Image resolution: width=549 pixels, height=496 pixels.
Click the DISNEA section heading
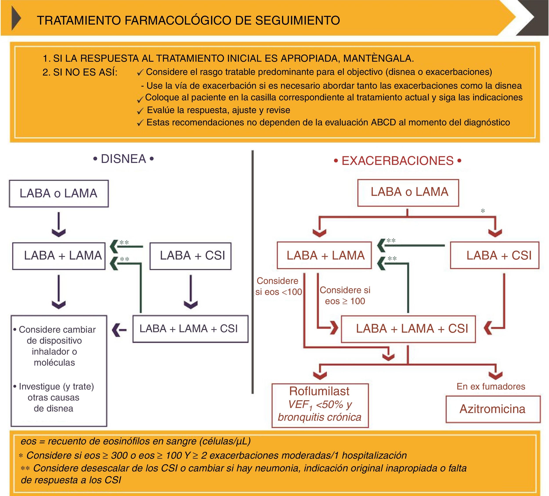point(123,159)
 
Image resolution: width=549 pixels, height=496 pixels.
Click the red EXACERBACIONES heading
point(398,161)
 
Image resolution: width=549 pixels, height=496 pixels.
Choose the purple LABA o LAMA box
point(59,193)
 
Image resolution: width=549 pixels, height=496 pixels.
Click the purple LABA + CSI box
point(191,256)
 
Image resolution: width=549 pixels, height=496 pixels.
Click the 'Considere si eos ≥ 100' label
point(345,296)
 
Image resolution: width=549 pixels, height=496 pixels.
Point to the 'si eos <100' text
point(279,292)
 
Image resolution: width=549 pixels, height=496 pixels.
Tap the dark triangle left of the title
point(16,19)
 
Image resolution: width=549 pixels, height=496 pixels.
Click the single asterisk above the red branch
point(483,211)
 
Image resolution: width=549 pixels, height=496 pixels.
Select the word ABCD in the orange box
point(383,123)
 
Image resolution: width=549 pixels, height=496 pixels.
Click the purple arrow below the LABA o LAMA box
point(59,225)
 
